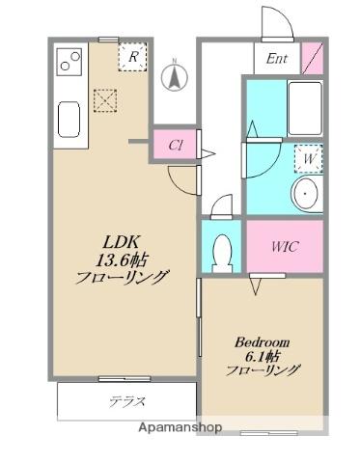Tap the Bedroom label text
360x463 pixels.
263,340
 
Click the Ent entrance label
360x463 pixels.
277,58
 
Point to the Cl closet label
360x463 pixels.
176,145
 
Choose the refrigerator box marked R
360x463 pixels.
133,58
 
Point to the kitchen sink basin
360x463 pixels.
70,120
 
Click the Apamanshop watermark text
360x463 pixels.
180,426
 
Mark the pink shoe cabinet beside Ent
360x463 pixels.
313,58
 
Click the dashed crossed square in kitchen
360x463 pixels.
104,100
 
